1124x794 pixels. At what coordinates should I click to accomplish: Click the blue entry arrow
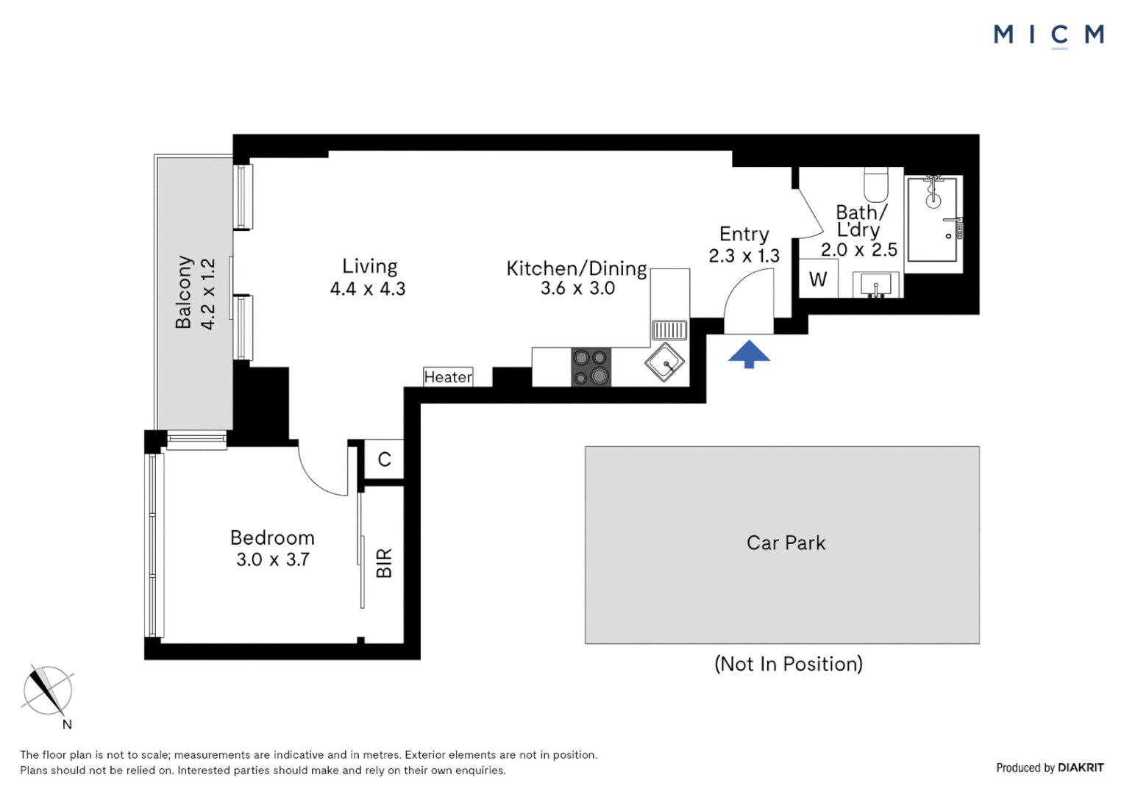[x=749, y=354]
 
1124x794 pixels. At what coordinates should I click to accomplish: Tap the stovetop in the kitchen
[x=591, y=367]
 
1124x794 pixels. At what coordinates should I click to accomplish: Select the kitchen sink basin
[x=665, y=362]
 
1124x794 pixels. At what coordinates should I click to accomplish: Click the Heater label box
[x=448, y=377]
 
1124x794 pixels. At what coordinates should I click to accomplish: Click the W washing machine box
[x=818, y=279]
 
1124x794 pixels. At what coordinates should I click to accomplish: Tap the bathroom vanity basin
[x=875, y=285]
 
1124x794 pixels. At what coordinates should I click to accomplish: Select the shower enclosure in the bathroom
[x=932, y=220]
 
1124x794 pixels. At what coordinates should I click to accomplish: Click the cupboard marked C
[x=384, y=459]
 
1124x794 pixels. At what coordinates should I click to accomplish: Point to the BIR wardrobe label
[x=384, y=563]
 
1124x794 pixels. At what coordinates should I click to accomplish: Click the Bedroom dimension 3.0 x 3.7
[x=272, y=559]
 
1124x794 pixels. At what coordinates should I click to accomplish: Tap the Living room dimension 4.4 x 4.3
[x=368, y=289]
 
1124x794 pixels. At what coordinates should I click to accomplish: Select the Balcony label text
[x=183, y=292]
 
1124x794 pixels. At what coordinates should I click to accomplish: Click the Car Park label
[x=786, y=543]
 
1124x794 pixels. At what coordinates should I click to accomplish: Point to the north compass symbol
[x=48, y=691]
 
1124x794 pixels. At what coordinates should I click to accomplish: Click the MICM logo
[x=1048, y=35]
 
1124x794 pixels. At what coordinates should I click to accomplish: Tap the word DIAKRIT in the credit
[x=1081, y=768]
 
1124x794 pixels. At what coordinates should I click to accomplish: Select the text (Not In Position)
[x=788, y=664]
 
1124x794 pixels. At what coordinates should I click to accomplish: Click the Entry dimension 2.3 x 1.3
[x=744, y=256]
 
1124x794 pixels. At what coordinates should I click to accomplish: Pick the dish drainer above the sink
[x=669, y=329]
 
